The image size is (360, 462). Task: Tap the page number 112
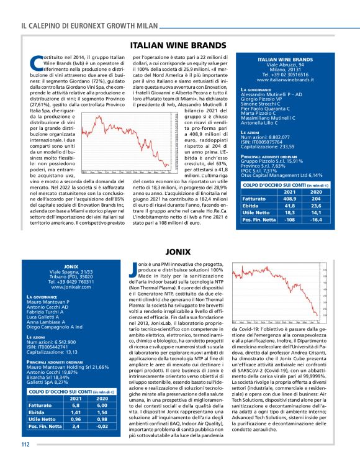25,444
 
